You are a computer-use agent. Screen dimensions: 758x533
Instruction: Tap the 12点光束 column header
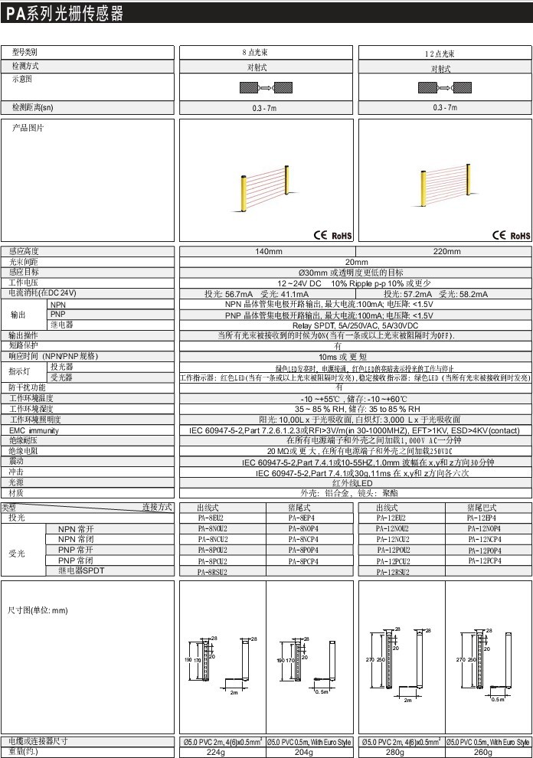[440, 54]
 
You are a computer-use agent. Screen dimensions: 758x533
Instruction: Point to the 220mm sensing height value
[446, 252]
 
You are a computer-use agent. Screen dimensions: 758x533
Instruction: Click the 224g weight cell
[222, 752]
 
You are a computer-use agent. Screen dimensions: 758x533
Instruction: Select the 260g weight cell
[488, 752]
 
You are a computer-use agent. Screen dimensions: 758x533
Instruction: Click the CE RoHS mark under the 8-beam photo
[331, 235]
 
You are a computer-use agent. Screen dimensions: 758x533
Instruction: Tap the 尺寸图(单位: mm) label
[38, 611]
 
